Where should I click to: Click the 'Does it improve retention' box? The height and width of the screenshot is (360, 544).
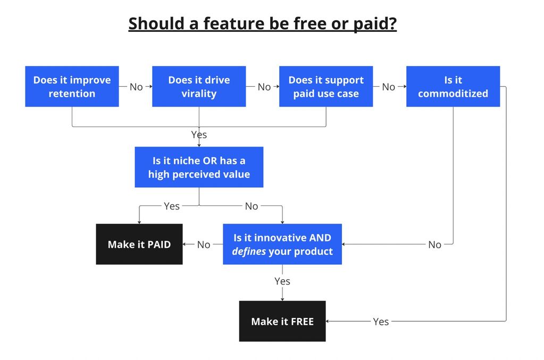point(72,86)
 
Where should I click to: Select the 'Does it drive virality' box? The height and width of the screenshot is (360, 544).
point(199,86)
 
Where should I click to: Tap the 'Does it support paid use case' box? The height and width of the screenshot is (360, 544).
point(326,86)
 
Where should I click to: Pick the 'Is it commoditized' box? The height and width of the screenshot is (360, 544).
point(453,86)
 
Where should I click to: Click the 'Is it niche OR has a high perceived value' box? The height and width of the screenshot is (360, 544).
point(199,167)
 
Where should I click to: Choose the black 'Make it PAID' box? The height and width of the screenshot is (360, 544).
point(139,244)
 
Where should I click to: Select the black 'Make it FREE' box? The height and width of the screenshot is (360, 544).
point(282,321)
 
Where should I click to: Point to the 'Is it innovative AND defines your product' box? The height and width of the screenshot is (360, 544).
point(282,244)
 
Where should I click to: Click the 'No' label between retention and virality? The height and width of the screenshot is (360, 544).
point(136,87)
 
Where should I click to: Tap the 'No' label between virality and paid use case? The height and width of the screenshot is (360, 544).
point(264,87)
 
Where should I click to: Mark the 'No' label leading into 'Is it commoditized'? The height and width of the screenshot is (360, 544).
point(389,87)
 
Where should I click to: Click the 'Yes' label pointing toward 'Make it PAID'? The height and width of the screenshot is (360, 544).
point(172,206)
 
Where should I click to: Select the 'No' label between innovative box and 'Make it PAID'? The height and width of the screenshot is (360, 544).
point(204,245)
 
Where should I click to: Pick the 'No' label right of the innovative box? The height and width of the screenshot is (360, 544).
point(434,245)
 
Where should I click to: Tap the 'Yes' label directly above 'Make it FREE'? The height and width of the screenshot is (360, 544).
point(282,281)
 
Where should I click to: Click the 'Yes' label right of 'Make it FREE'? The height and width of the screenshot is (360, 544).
point(381,322)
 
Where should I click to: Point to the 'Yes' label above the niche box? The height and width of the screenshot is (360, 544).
point(199,135)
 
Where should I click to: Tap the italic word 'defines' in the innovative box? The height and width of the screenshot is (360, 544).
point(249,251)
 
